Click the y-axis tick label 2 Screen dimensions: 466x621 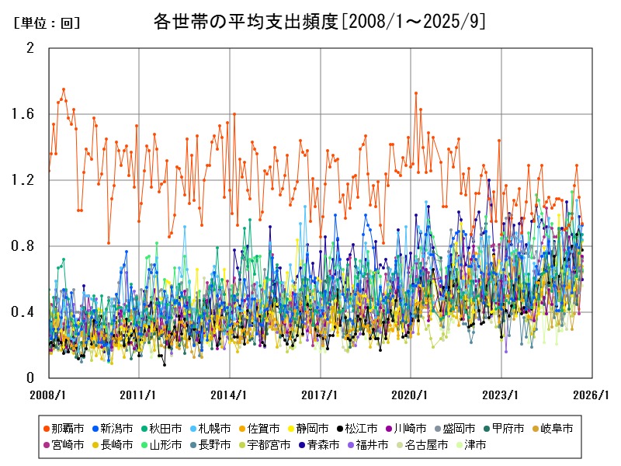click(x=31, y=48)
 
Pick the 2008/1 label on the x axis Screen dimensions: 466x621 click(x=48, y=395)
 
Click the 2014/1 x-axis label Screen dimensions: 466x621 click(x=230, y=395)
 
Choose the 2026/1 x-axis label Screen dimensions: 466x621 click(x=592, y=395)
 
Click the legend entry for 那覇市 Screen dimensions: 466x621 click(x=64, y=429)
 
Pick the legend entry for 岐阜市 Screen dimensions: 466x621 click(x=552, y=429)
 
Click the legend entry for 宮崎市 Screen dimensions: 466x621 click(x=64, y=445)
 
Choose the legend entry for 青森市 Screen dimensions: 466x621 click(x=307, y=445)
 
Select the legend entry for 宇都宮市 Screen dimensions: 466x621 click(x=264, y=445)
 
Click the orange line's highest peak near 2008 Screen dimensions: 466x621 click(x=64, y=89)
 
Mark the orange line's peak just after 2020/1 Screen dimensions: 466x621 click(x=416, y=93)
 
